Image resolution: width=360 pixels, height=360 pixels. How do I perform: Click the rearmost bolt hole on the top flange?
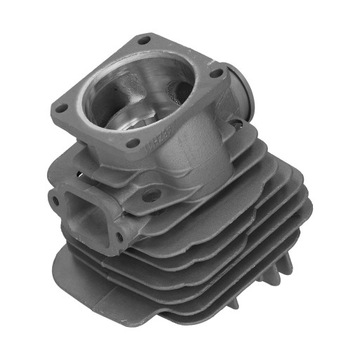(x=147, y=39)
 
